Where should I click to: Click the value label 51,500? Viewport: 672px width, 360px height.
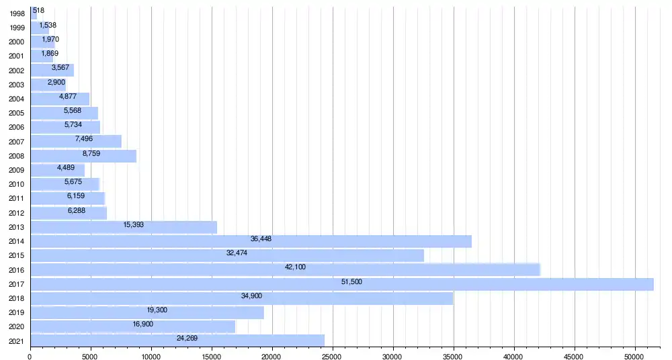point(351,281)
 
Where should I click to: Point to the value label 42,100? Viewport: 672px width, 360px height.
point(295,267)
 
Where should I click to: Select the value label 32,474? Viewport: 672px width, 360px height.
point(237,253)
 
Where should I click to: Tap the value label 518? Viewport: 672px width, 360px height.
point(38,10)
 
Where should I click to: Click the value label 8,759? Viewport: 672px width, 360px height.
point(91,153)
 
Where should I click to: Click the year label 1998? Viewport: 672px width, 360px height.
point(17,13)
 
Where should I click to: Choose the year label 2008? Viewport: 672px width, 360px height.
point(17,156)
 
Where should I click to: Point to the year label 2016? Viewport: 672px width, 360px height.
point(17,269)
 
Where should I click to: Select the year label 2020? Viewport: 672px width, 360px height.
point(17,326)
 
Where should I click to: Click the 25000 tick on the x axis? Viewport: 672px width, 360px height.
point(332,357)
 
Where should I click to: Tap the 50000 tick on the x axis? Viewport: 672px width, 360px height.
point(634,357)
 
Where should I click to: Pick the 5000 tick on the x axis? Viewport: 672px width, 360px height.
point(91,357)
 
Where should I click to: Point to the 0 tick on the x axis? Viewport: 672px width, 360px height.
point(30,357)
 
